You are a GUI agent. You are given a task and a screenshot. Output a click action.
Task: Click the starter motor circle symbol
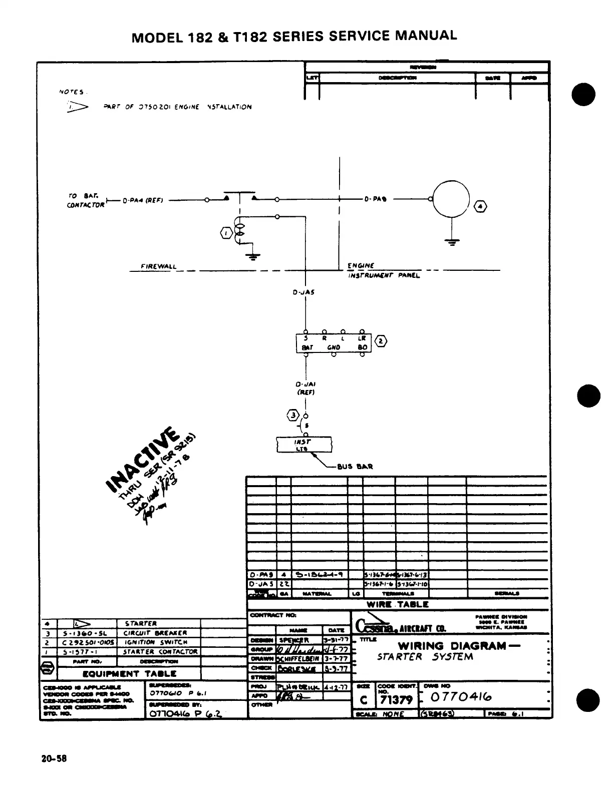[451, 198]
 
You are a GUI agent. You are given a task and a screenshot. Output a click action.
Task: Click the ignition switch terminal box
[334, 343]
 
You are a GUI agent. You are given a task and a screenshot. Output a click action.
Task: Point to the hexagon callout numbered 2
[381, 341]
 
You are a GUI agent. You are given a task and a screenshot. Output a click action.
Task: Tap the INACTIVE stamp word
[141, 459]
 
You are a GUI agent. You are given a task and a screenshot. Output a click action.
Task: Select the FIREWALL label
[159, 266]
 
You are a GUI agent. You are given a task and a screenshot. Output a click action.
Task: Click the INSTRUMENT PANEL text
[384, 275]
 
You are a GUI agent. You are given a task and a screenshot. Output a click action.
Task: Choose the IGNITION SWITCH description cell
[156, 642]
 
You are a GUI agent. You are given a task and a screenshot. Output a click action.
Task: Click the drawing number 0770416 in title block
[461, 697]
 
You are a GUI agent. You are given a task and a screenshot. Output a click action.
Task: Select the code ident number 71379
[396, 699]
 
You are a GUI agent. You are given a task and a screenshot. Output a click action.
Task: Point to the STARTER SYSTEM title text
[425, 657]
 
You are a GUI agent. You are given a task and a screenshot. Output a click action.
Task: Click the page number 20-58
[54, 758]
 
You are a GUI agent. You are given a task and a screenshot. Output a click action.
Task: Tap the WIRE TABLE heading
[397, 604]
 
